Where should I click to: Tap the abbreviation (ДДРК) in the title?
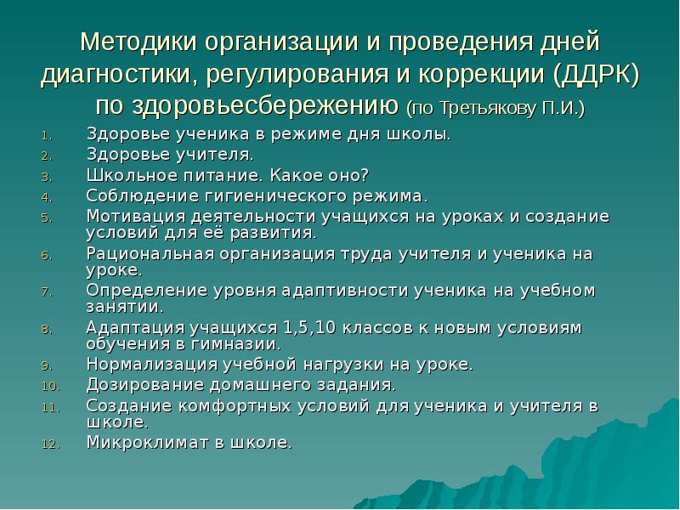click(595, 75)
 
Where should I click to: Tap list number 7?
click(47, 292)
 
